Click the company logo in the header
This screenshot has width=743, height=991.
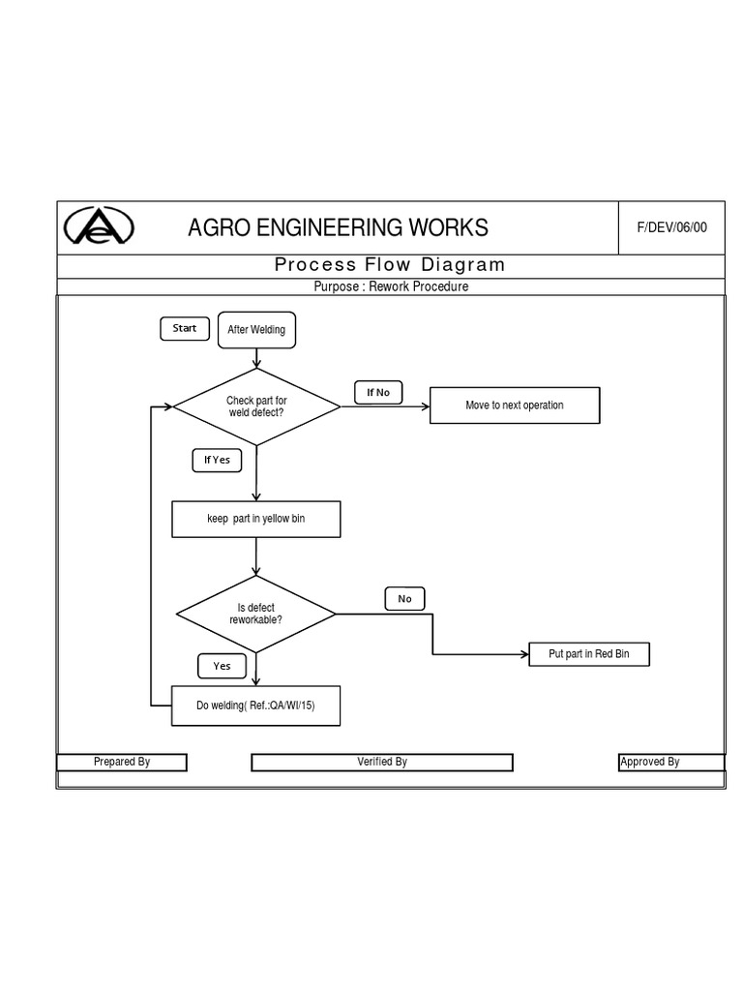click(99, 228)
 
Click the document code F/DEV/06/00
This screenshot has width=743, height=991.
click(671, 228)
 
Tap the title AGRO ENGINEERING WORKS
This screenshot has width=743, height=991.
click(338, 228)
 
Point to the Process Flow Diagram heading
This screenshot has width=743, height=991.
click(390, 265)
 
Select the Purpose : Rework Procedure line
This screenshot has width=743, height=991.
click(391, 286)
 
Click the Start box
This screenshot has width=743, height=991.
click(184, 329)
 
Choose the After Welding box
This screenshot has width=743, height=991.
click(256, 330)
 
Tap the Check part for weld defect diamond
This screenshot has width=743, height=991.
click(256, 406)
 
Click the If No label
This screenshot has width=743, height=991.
click(377, 392)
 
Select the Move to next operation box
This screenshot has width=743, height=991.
click(514, 405)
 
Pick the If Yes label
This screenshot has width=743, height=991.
click(217, 460)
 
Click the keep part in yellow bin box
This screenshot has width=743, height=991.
click(255, 519)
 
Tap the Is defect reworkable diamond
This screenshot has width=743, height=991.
click(255, 614)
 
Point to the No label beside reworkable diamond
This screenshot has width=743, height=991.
click(404, 599)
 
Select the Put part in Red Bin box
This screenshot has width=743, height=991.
click(588, 654)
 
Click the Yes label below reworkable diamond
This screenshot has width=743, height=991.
click(223, 666)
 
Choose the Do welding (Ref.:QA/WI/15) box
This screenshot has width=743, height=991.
click(255, 706)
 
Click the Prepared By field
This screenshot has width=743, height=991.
click(122, 763)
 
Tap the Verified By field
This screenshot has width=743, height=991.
click(382, 763)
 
